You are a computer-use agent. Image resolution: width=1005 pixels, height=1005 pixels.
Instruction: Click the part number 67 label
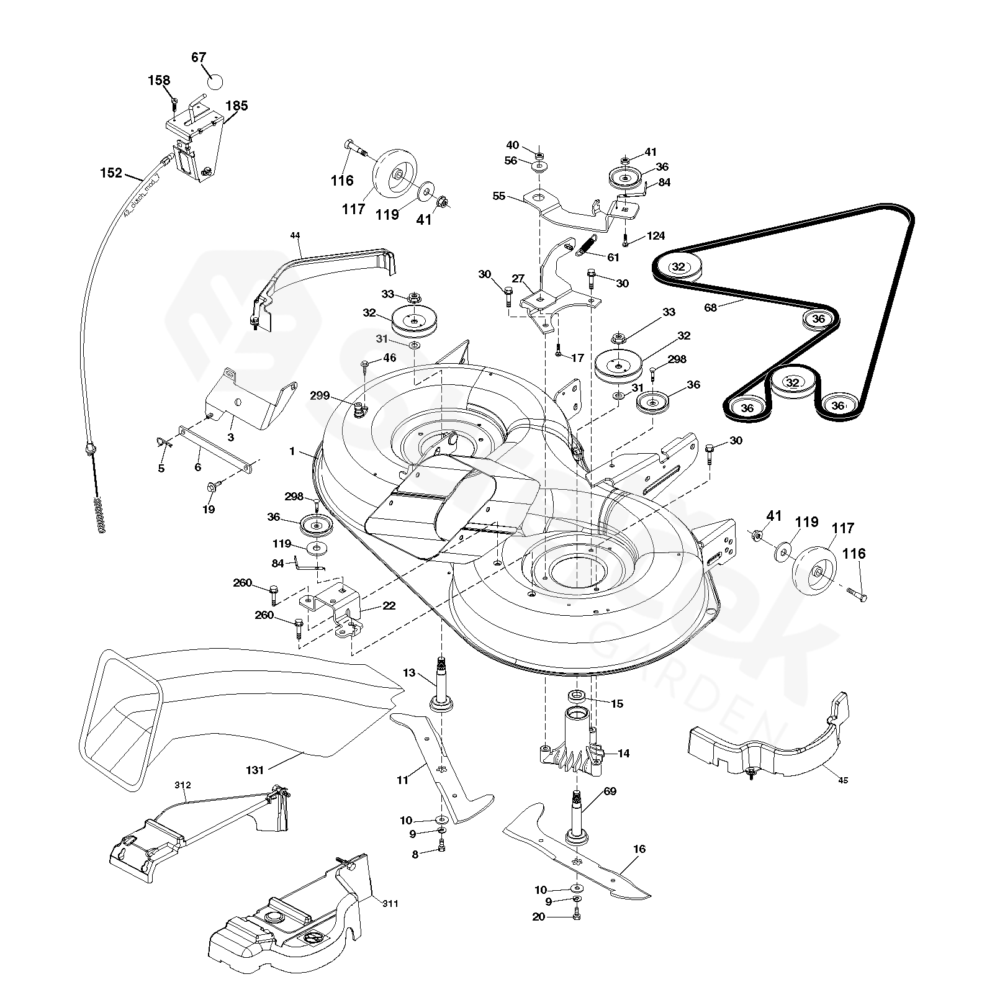point(199,58)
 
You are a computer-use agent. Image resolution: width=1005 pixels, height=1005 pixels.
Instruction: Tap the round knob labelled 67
point(214,81)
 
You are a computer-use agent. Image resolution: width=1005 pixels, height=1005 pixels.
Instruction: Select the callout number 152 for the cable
point(111,173)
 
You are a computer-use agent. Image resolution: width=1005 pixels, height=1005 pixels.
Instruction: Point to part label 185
point(237,106)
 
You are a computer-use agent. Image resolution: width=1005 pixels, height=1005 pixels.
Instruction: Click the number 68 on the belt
point(710,307)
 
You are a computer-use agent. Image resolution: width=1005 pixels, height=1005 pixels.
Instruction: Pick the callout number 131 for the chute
point(255,770)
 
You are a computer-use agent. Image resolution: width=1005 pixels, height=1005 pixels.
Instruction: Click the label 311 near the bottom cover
point(390,903)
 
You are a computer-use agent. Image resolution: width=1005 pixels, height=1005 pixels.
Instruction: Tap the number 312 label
point(183,785)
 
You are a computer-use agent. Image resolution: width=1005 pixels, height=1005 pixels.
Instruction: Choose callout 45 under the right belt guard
point(842,780)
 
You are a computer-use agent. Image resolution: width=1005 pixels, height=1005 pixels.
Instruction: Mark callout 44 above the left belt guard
point(295,235)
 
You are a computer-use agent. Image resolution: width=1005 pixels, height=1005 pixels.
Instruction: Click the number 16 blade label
point(639,849)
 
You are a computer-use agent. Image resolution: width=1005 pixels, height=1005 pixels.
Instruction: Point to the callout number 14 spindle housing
point(623,754)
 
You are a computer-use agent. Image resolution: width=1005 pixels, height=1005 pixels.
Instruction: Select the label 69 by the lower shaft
point(610,791)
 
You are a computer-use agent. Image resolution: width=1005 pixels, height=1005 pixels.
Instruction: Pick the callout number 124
point(656,236)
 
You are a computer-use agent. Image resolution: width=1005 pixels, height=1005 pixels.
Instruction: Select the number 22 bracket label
point(389,606)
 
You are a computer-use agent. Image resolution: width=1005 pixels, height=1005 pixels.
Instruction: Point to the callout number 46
point(389,358)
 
